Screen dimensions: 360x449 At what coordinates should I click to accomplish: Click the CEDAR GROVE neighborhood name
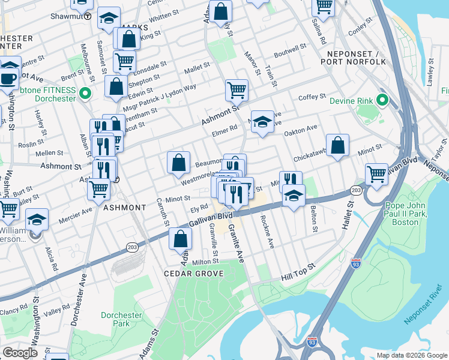point(194,274)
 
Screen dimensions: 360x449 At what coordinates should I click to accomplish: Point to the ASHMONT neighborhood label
point(124,208)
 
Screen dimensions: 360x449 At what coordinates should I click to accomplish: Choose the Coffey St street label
point(312,97)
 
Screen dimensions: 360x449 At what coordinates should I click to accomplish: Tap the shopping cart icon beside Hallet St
point(376,173)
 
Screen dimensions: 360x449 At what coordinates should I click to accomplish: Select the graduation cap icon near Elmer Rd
point(262,122)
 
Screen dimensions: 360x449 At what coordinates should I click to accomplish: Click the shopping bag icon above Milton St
point(180,238)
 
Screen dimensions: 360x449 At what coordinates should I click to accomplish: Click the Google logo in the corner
point(20,353)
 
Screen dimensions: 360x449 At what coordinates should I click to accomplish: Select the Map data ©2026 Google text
point(412,355)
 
